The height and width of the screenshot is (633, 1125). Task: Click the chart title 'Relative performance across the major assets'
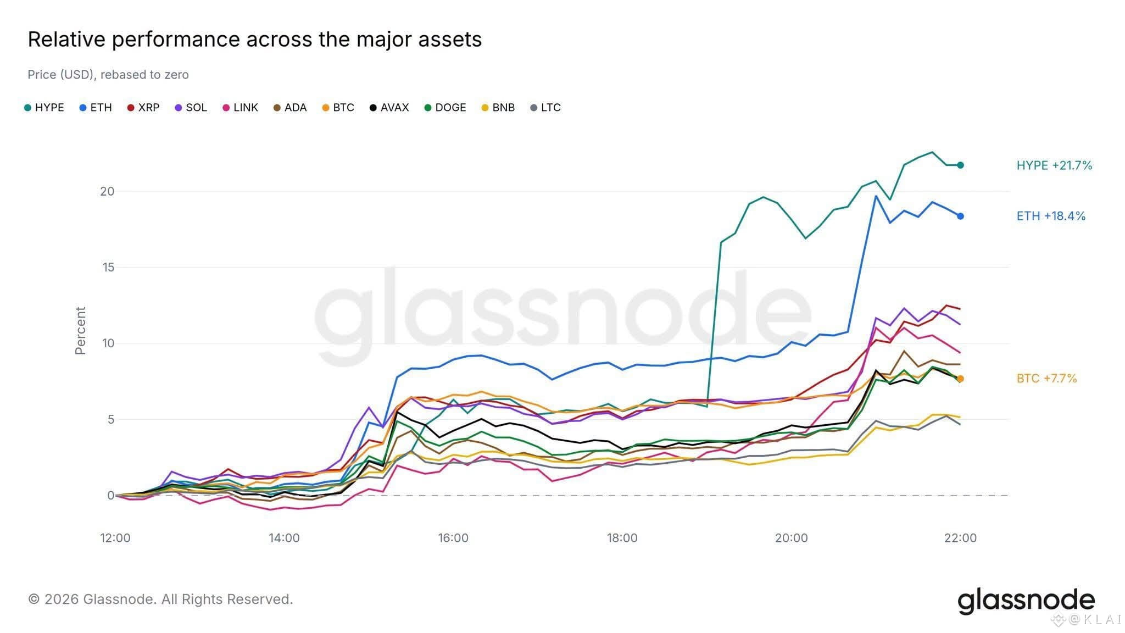coord(255,40)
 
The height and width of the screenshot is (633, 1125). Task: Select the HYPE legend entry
coord(44,108)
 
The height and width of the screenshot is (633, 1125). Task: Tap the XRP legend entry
coord(143,108)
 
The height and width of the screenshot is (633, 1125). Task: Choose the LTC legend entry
coord(545,108)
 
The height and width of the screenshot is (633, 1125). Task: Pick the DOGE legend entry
coord(445,108)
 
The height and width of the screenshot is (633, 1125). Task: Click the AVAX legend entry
coord(389,108)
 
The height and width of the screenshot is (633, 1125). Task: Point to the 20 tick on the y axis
coord(107,191)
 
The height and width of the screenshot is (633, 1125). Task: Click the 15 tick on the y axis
coord(107,267)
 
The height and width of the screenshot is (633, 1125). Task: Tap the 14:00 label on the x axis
coord(284,538)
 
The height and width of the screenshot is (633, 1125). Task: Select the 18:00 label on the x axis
coord(622,538)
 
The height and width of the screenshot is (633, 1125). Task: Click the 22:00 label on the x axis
coord(960,538)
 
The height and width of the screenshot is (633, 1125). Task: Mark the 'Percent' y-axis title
coord(80,331)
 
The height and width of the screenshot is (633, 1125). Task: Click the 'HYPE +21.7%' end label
coord(1054,165)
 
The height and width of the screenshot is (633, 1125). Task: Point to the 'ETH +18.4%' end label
coord(1051,216)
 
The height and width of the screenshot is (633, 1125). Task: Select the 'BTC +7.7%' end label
coord(1046,378)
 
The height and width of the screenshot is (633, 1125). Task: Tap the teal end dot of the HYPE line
coord(960,165)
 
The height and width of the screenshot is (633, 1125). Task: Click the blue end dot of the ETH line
coord(960,216)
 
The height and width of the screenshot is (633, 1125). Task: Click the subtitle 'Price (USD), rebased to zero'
coord(108,75)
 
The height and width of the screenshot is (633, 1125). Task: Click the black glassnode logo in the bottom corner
coord(1026,601)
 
